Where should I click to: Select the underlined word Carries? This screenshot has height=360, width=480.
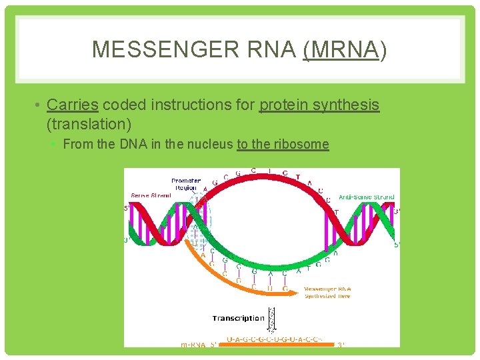[73, 105]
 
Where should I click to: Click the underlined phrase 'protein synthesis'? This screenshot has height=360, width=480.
[319, 105]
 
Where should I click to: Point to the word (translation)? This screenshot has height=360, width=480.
[89, 123]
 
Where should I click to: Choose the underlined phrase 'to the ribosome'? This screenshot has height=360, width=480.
[283, 144]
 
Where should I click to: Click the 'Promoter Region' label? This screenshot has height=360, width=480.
[185, 184]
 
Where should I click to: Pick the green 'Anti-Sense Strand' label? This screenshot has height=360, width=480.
[366, 197]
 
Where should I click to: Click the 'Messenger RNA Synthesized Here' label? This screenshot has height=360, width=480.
[327, 292]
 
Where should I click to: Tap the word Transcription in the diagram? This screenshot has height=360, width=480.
[238, 318]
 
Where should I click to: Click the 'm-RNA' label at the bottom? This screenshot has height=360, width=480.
[194, 345]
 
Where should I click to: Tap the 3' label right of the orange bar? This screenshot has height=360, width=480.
[341, 345]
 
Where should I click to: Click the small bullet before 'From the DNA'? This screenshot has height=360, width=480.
[56, 145]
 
